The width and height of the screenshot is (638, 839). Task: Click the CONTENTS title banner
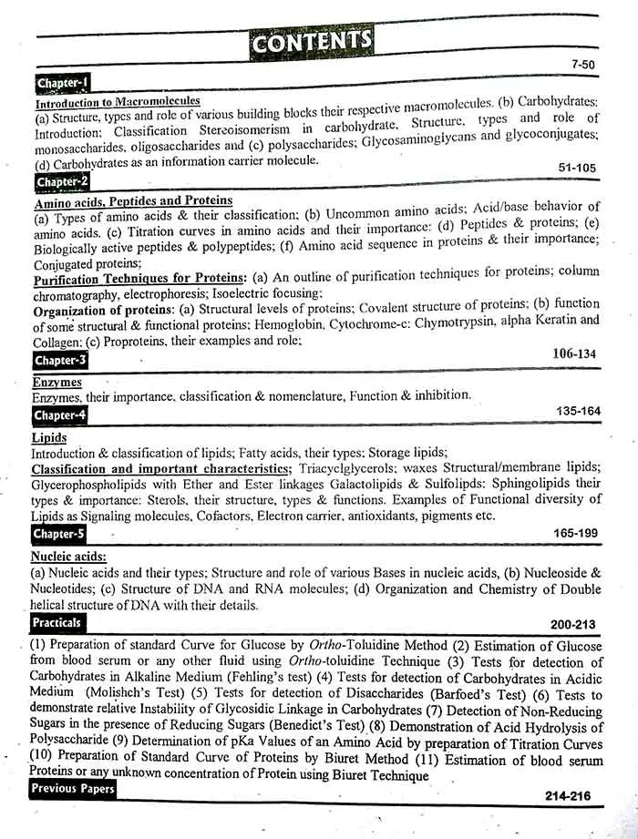313,41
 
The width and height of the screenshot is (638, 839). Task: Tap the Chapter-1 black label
63,84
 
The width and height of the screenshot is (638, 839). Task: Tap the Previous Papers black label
74,788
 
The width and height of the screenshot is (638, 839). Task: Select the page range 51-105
576,168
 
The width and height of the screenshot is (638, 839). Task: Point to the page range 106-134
573,353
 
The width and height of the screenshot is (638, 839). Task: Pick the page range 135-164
578,412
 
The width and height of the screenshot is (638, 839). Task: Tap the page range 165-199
577,532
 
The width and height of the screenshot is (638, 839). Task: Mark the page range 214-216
568,796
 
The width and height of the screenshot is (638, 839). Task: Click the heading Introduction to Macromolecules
117,102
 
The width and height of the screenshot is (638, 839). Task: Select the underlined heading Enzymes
57,383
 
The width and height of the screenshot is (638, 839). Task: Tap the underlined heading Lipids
48,438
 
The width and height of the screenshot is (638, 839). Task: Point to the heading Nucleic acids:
68,555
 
